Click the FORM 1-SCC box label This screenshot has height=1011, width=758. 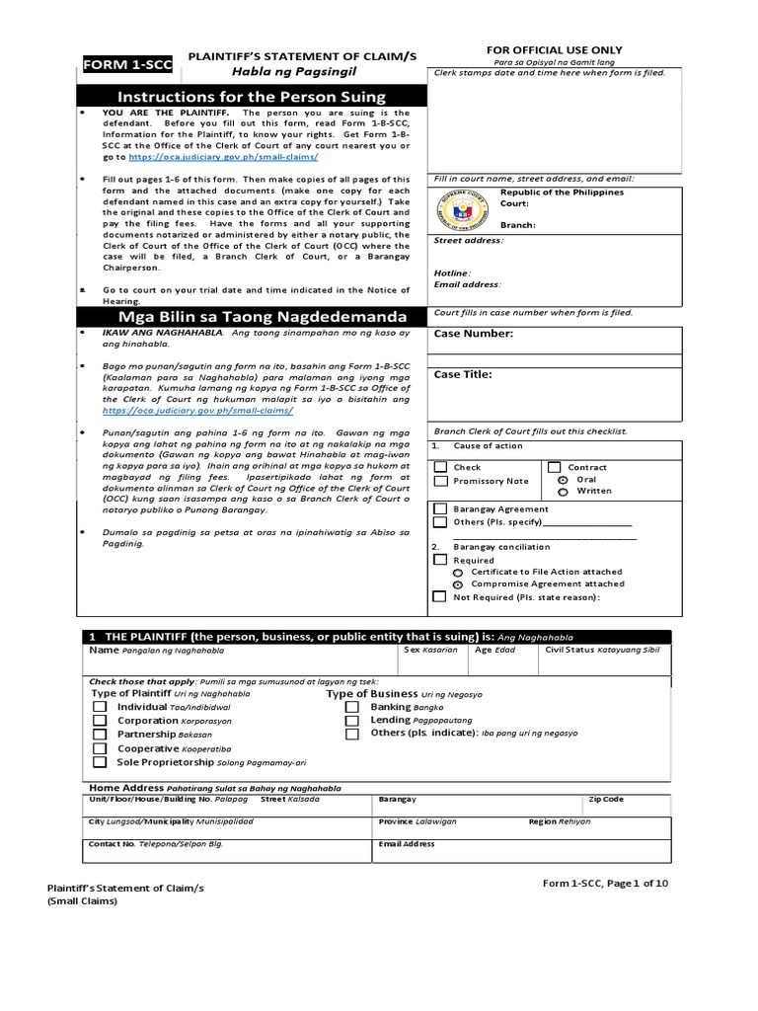[126, 64]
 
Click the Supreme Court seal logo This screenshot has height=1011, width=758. [462, 210]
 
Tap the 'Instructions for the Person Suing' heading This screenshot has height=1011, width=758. [252, 97]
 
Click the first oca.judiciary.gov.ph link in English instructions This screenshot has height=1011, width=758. [223, 157]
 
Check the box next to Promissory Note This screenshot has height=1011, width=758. [440, 481]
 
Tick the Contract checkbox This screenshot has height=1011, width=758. [555, 467]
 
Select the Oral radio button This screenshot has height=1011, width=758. [564, 479]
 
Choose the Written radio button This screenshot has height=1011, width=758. [564, 491]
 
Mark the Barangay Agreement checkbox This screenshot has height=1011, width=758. [440, 509]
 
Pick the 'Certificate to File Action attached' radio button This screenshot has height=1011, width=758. [458, 572]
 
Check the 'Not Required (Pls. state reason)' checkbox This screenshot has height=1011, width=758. [439, 596]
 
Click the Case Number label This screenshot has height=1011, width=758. [474, 334]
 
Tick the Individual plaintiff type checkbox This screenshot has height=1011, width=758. [100, 708]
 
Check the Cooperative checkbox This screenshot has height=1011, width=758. [100, 749]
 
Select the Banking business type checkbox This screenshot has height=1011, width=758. [352, 708]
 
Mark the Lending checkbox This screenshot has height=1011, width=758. [352, 721]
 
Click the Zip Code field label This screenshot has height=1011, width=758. [606, 799]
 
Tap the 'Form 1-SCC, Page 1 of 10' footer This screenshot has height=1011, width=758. [605, 883]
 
